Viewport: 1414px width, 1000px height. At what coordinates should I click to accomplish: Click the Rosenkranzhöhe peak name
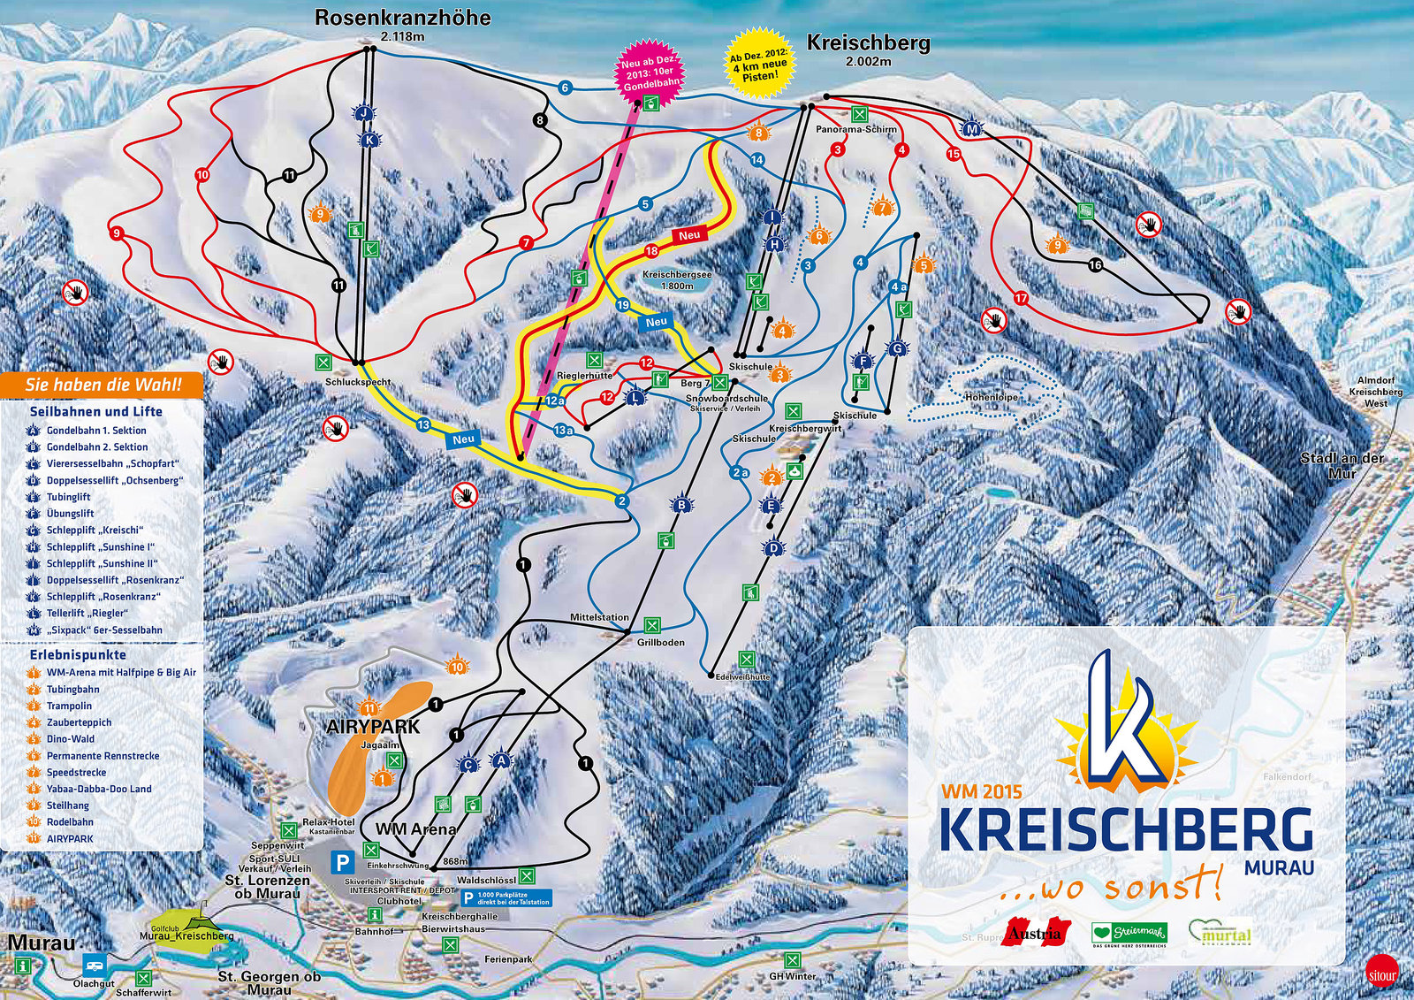pyautogui.click(x=402, y=18)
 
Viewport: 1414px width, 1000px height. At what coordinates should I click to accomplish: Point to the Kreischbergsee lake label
pyautogui.click(x=677, y=275)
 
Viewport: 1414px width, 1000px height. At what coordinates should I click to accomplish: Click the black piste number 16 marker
pyautogui.click(x=1096, y=265)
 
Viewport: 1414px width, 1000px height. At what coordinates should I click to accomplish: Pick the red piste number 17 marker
pyautogui.click(x=1022, y=299)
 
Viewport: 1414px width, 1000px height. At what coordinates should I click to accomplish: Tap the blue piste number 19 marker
pyautogui.click(x=623, y=305)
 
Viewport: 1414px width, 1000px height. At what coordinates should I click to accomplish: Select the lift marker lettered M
pyautogui.click(x=972, y=129)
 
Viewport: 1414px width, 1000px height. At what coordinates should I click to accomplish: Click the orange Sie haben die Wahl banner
pyautogui.click(x=103, y=385)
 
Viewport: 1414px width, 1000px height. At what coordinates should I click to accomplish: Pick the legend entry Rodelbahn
pyautogui.click(x=70, y=822)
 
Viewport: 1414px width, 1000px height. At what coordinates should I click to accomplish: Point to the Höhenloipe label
pyautogui.click(x=991, y=398)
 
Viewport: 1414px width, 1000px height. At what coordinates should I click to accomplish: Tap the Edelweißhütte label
pyautogui.click(x=742, y=676)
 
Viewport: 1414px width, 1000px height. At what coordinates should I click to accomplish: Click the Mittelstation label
pyautogui.click(x=599, y=617)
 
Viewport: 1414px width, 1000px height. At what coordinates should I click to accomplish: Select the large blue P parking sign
pyautogui.click(x=342, y=862)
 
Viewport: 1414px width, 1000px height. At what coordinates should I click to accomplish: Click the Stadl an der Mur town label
pyautogui.click(x=1342, y=465)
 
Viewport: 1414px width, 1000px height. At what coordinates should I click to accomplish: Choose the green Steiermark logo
pyautogui.click(x=1129, y=933)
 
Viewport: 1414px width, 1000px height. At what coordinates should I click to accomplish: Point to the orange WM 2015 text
pyautogui.click(x=981, y=792)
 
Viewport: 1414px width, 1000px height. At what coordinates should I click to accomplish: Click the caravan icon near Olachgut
pyautogui.click(x=94, y=964)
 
